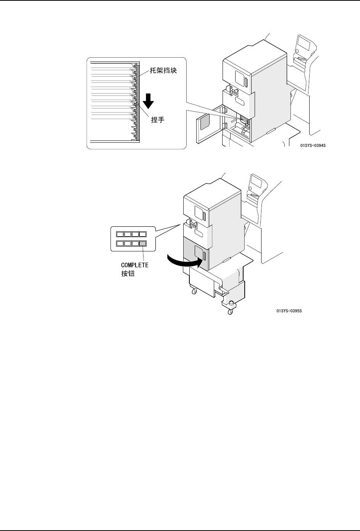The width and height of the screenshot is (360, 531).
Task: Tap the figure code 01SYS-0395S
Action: click(x=289, y=311)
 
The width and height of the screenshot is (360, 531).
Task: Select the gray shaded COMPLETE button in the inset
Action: click(x=143, y=244)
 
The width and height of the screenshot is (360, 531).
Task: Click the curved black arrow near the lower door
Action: click(x=184, y=262)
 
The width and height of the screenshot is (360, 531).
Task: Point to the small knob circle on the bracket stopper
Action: click(x=137, y=103)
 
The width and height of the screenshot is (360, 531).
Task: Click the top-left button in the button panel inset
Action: click(x=120, y=234)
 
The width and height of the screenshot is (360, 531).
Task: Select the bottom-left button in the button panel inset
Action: click(x=120, y=244)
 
